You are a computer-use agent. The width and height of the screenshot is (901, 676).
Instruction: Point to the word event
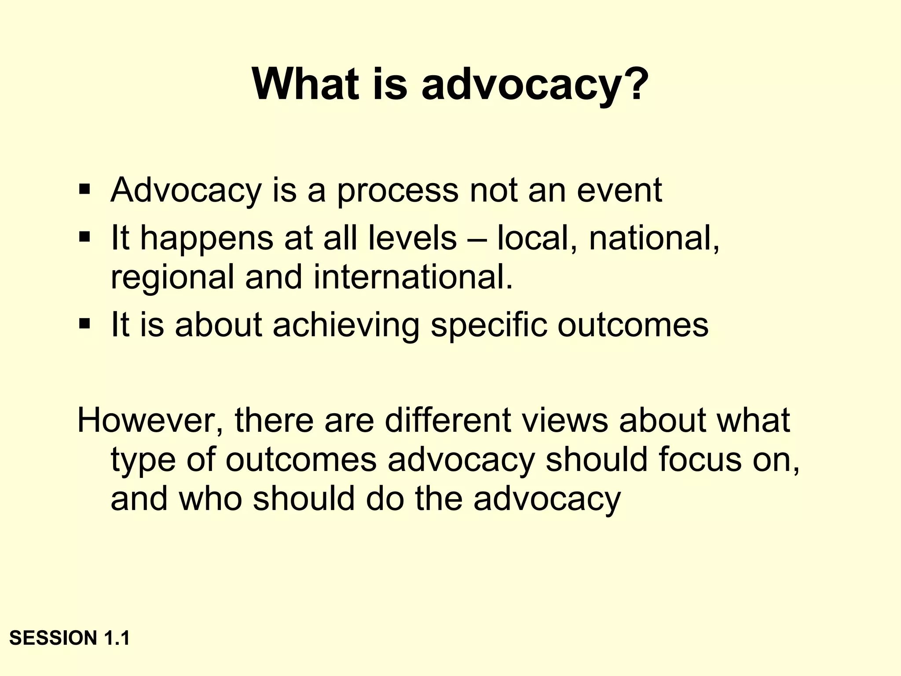click(x=619, y=191)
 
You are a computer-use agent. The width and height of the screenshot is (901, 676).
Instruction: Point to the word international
click(x=413, y=277)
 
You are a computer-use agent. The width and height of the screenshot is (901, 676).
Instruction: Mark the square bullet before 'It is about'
click(x=84, y=324)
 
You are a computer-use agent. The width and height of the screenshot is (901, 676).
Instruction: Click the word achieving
click(x=346, y=326)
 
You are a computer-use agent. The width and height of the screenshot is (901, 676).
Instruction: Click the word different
click(x=448, y=420)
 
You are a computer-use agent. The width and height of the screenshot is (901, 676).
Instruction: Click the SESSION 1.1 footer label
click(x=70, y=638)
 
